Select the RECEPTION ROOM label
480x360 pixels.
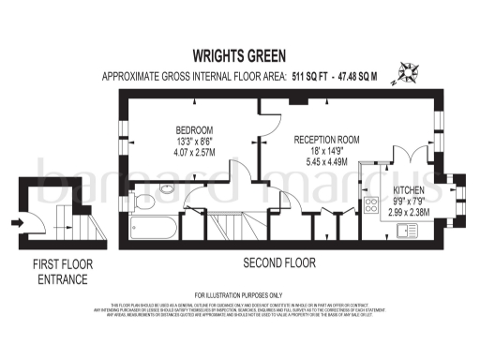pyautogui.click(x=328, y=138)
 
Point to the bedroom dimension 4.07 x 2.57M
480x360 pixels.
pyautogui.click(x=195, y=153)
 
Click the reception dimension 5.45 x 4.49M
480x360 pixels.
pyautogui.click(x=328, y=160)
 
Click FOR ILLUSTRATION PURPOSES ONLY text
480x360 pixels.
pyautogui.click(x=239, y=294)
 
